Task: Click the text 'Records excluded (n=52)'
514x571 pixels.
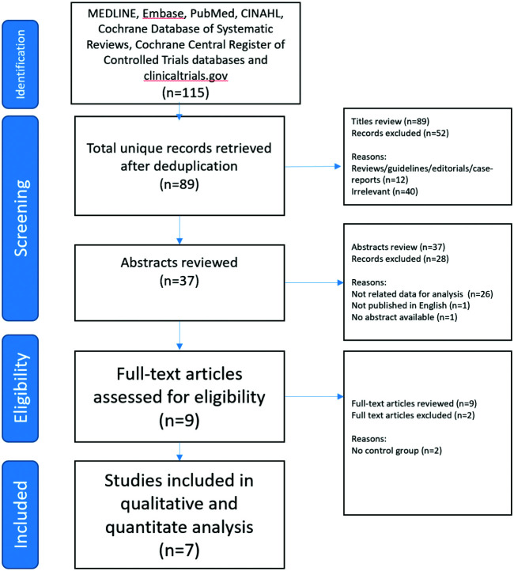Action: (389, 134)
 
